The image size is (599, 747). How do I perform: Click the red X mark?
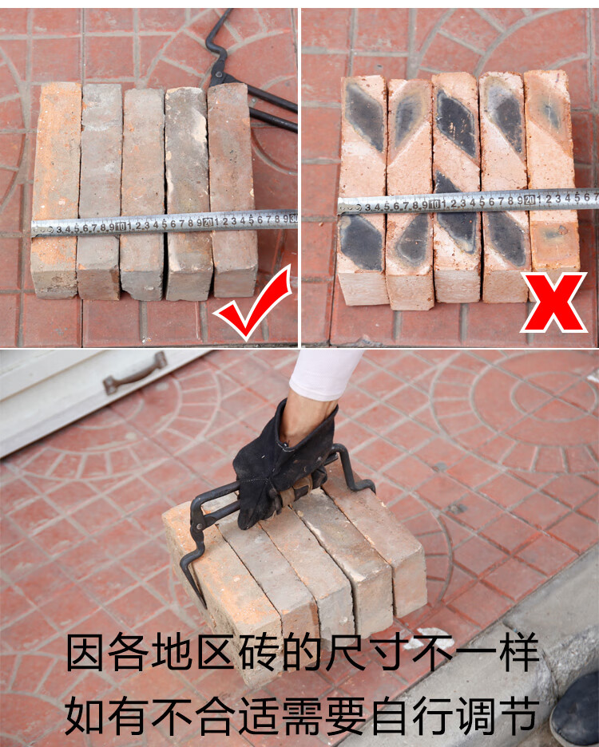point(553,302)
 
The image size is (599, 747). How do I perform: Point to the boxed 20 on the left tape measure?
point(208,222)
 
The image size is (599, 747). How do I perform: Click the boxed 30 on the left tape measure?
point(293,219)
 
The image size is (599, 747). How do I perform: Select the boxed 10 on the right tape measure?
point(434,204)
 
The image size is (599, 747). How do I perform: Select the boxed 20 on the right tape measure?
point(529,200)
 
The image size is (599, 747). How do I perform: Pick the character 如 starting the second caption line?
point(85,714)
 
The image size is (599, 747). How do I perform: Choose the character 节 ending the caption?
point(520,714)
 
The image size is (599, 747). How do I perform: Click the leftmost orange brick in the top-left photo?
point(56,190)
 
